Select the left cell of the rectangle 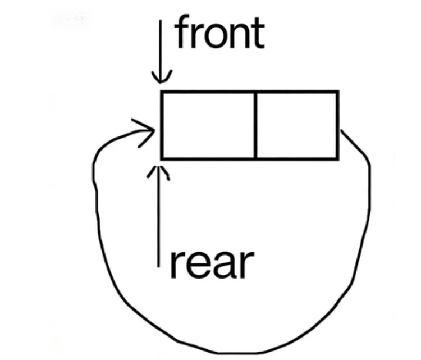[x=208, y=125]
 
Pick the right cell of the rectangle [x=296, y=125]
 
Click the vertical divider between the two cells [x=255, y=125]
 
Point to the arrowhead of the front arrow [x=162, y=79]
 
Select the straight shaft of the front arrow [x=162, y=45]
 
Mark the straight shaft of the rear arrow [x=160, y=219]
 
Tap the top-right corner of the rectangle [x=337, y=92]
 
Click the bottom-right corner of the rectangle [x=337, y=158]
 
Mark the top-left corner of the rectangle [x=162, y=92]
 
